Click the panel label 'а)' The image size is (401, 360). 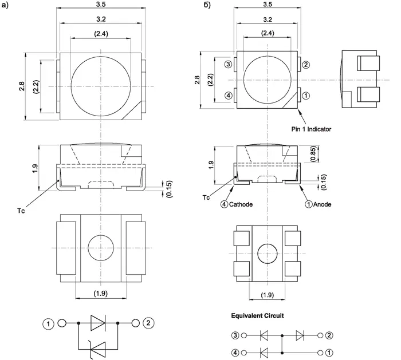(7, 7)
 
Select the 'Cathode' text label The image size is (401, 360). (241, 204)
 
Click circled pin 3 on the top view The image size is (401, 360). (229, 65)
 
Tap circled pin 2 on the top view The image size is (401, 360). (306, 65)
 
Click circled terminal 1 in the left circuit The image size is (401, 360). (49, 323)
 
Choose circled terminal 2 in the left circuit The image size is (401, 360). (149, 323)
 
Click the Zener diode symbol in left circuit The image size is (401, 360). (98, 346)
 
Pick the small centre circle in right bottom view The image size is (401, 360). (266, 252)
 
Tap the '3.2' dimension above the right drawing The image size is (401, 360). (266, 21)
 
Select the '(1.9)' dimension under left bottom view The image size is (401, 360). (101, 293)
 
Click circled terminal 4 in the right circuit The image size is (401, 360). (235, 351)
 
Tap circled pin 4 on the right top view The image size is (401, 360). (229, 96)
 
